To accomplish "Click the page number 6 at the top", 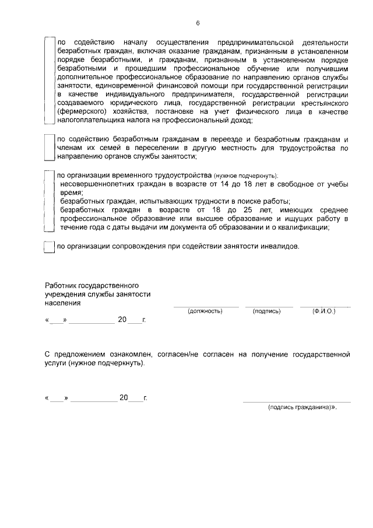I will click(x=198, y=23).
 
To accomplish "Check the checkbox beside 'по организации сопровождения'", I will click(x=50, y=247).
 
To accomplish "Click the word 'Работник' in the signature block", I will click(x=61, y=285).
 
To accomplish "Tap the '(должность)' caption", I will click(x=205, y=311).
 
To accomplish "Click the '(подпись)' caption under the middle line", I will click(x=267, y=311).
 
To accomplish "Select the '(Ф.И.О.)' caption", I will click(x=324, y=311).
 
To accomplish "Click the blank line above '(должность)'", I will click(x=206, y=306).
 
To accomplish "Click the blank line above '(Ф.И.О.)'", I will click(x=325, y=306).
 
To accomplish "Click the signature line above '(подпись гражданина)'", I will click(x=297, y=402).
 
